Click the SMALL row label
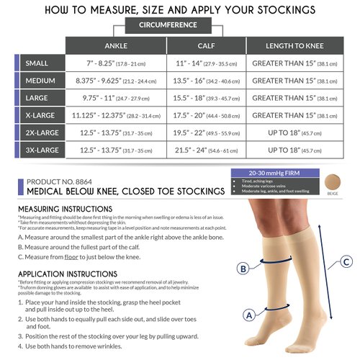click(x=37, y=63)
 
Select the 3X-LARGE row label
click(x=42, y=150)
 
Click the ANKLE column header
click(x=116, y=44)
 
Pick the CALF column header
click(x=206, y=44)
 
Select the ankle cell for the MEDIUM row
click(x=116, y=81)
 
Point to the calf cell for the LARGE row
click(x=206, y=98)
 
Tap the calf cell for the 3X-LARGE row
click(x=206, y=150)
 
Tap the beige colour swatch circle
click(x=333, y=181)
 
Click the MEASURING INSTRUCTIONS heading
click(x=66, y=209)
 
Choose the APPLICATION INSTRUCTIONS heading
click(x=69, y=274)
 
